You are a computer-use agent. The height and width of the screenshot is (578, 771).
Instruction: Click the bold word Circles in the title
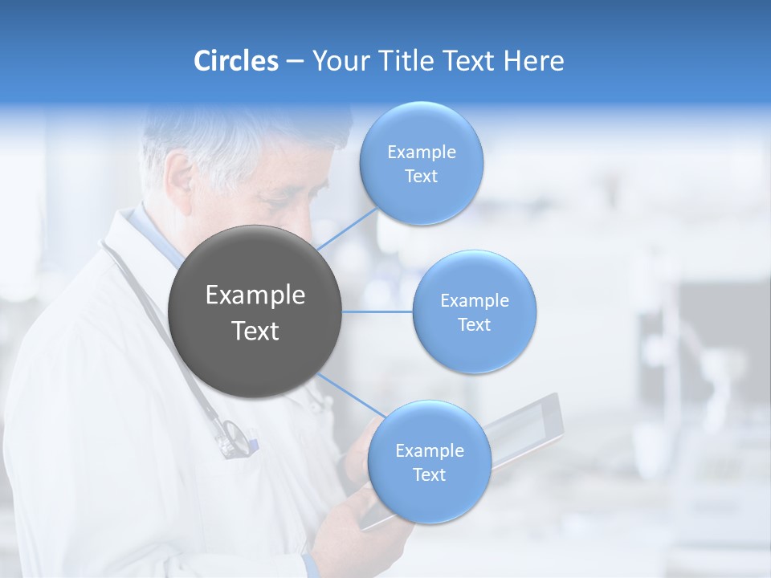pos(235,61)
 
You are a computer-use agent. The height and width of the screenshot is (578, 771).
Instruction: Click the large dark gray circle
pos(255,311)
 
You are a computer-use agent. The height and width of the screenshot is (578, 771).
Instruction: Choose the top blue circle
pos(421,163)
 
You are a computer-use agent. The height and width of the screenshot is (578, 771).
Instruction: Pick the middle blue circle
pos(474,311)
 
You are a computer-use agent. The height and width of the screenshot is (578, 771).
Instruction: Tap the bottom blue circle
pos(429,462)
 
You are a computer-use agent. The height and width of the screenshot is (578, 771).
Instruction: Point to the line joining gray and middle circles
pos(377,311)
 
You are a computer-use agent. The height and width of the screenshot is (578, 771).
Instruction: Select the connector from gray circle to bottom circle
pos(352,397)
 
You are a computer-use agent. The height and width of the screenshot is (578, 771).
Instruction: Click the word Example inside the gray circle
pos(255,295)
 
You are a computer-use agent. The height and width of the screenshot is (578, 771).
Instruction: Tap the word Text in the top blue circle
pos(421,177)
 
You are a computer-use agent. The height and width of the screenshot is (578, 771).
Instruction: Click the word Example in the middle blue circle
pos(474,300)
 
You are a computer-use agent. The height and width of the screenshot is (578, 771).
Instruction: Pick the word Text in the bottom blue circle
pos(429,474)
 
